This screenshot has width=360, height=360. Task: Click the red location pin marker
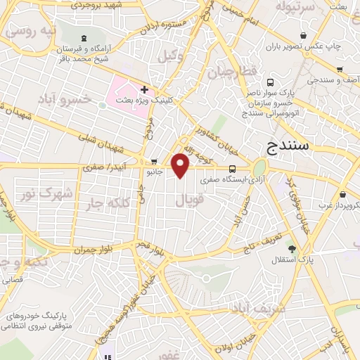(181, 165)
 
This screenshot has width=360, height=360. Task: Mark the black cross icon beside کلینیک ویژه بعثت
(144, 89)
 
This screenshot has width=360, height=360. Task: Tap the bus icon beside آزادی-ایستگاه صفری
(232, 168)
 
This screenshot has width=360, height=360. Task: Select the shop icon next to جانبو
(154, 161)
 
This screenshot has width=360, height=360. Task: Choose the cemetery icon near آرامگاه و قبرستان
(84, 37)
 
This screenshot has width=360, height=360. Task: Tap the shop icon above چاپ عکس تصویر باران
(302, 35)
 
